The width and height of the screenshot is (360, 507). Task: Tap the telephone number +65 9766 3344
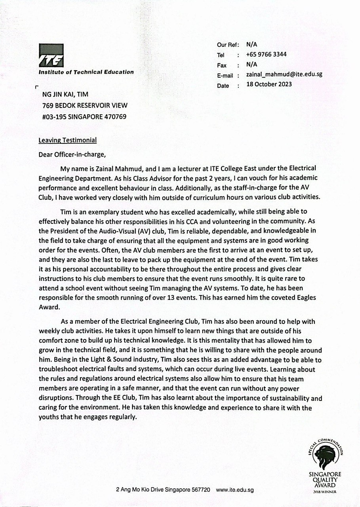266,55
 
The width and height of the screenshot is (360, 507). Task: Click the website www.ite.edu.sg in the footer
235,490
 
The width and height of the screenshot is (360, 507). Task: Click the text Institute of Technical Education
86,72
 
